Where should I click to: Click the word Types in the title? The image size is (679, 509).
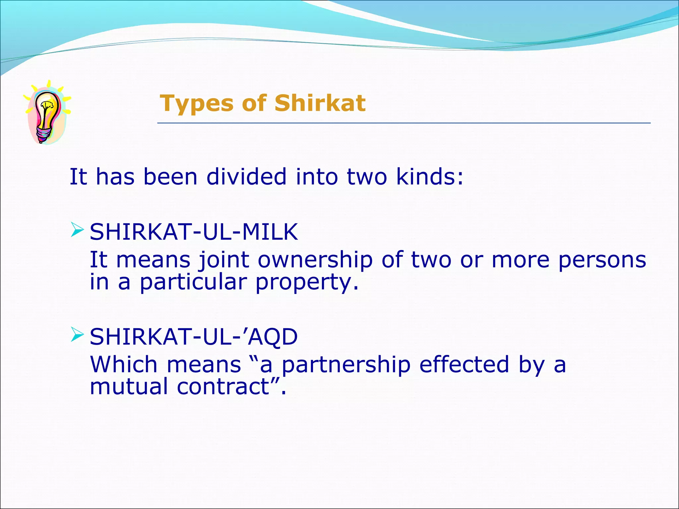[196, 103]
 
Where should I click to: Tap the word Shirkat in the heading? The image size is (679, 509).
[320, 103]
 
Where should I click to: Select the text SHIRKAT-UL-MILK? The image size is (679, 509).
[194, 232]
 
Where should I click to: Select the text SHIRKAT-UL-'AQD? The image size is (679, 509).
[194, 337]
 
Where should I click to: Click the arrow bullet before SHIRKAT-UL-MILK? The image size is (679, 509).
[77, 230]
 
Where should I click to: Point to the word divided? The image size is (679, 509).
[246, 177]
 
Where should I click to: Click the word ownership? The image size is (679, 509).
[315, 260]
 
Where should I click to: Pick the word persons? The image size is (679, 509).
[602, 260]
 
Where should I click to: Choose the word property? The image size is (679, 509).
[307, 282]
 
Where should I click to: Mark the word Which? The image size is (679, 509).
[124, 365]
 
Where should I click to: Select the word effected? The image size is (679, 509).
[464, 365]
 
